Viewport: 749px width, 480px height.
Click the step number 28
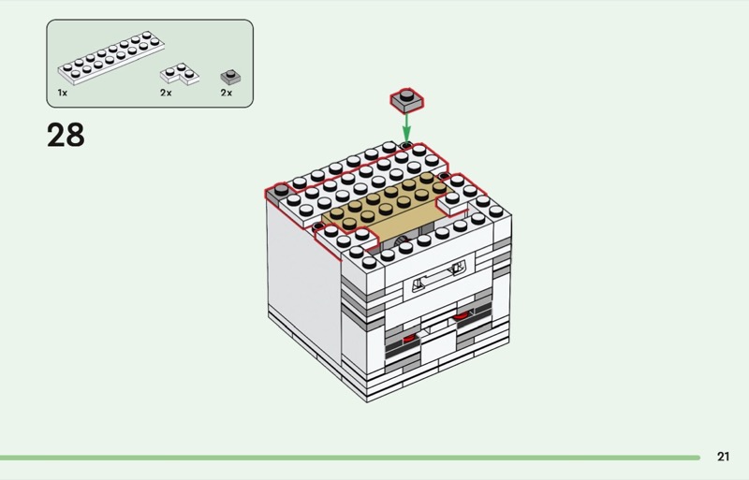[x=66, y=136]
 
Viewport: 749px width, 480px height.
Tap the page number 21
[x=723, y=457]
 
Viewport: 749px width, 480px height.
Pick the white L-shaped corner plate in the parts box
[x=179, y=74]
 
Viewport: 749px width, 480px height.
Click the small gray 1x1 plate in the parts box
[x=228, y=75]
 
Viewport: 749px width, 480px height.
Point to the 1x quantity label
[x=62, y=94]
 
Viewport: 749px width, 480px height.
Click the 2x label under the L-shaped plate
[x=166, y=94]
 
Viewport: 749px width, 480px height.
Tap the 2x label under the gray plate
[x=226, y=94]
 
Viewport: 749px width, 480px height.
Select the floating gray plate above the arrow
[x=406, y=98]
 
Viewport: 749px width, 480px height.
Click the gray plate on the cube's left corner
[x=278, y=194]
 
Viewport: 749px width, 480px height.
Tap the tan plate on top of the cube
[x=384, y=204]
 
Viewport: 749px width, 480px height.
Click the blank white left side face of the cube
[x=300, y=271]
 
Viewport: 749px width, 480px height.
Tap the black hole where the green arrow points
[x=407, y=145]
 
